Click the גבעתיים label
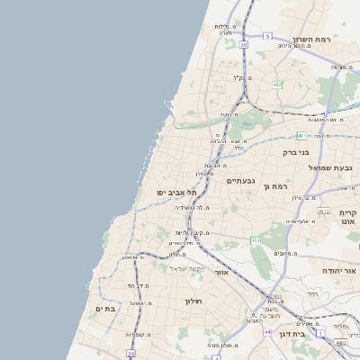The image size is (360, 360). click(241, 181)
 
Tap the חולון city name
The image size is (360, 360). click(193, 301)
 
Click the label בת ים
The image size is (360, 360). click(106, 309)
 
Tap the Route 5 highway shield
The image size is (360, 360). click(267, 36)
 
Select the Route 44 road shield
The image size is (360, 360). click(267, 332)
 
